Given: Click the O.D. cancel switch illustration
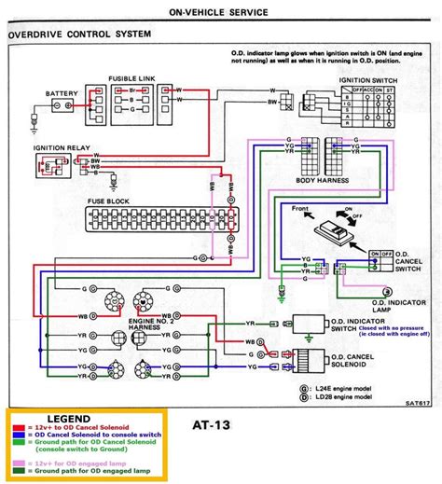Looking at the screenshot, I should pyautogui.click(x=333, y=227).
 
